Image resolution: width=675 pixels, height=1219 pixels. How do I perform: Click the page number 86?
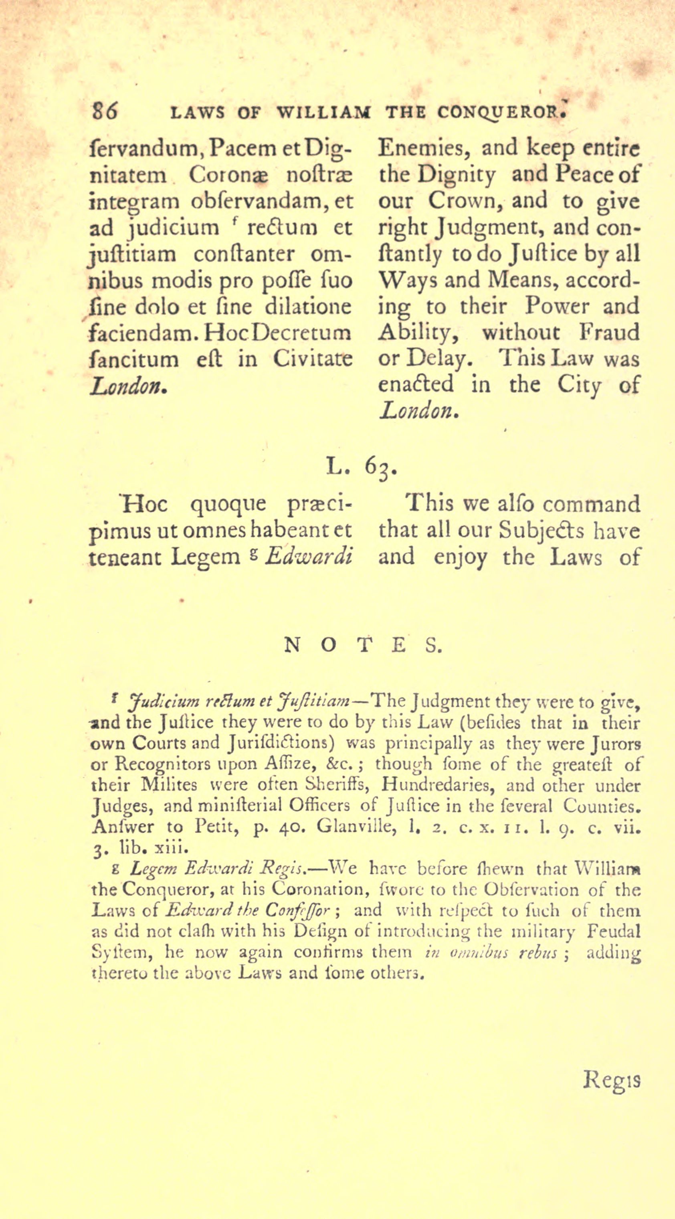[x=105, y=112]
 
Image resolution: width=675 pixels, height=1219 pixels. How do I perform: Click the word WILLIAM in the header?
[x=324, y=113]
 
